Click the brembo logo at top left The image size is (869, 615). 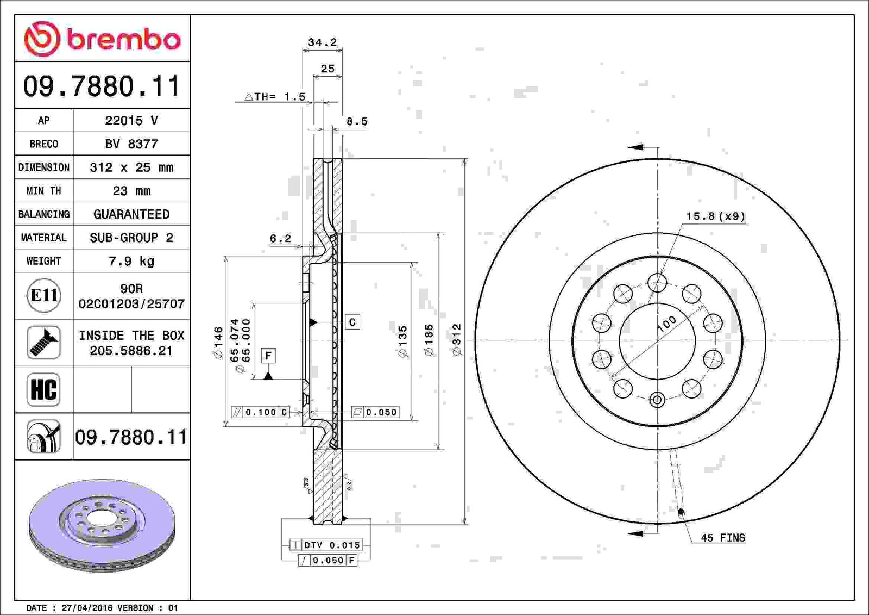(x=103, y=39)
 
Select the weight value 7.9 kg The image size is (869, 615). (x=131, y=261)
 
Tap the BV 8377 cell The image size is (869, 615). (x=131, y=144)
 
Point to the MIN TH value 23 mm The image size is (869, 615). (x=131, y=191)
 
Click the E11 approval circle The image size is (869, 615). (x=44, y=296)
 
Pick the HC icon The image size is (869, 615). (x=44, y=389)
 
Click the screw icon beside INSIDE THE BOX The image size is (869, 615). (x=44, y=342)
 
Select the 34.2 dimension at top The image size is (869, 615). (x=323, y=42)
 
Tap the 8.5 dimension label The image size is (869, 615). (x=357, y=122)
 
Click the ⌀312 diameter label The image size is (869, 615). (x=457, y=339)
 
